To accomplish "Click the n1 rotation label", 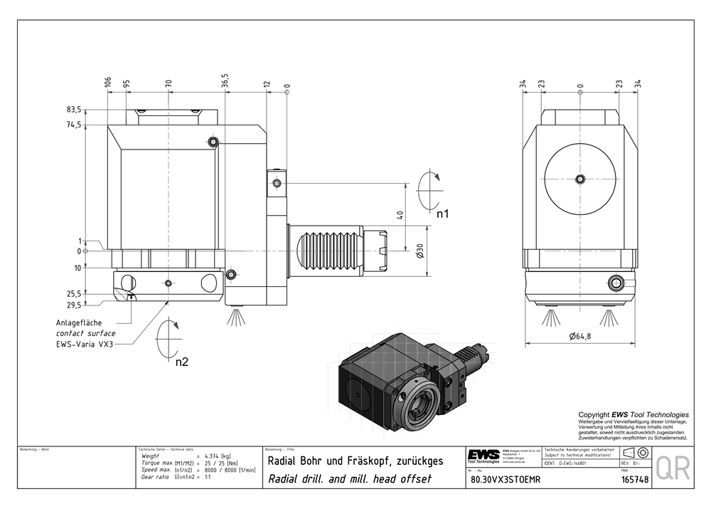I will click(443, 213).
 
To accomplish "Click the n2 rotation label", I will click(182, 362).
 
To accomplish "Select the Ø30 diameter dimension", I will click(420, 250).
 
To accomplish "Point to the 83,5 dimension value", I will click(73, 110).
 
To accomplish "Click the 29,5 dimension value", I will click(74, 305).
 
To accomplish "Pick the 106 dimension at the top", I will click(108, 82).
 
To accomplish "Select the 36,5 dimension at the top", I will click(225, 80).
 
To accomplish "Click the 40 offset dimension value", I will click(400, 214).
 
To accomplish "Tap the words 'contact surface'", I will click(85, 333).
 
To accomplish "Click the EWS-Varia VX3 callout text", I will click(85, 344).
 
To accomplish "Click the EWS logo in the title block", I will click(483, 456).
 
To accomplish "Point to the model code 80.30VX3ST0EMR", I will click(506, 480).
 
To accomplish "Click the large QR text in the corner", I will click(673, 468).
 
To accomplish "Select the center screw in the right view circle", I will click(580, 178).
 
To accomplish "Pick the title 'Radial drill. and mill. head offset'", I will click(349, 479).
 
